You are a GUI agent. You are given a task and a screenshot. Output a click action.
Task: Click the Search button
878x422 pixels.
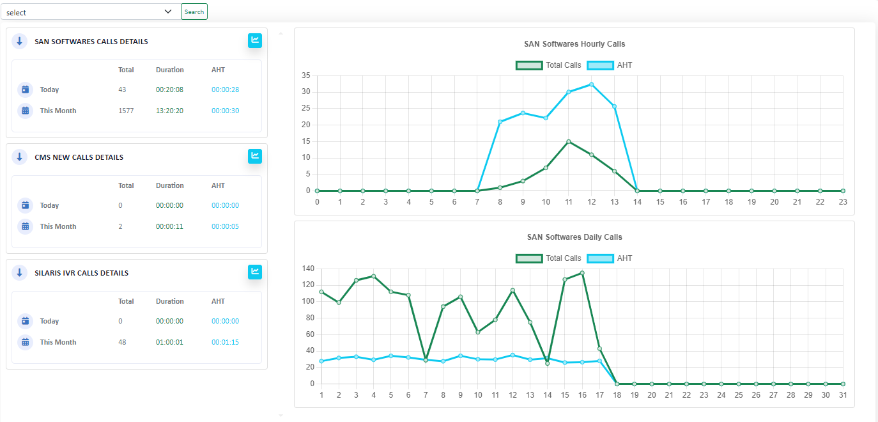click(x=194, y=12)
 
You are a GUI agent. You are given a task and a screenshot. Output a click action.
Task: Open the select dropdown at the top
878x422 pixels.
click(x=89, y=12)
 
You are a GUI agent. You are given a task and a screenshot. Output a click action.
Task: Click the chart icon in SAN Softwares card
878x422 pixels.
click(x=255, y=40)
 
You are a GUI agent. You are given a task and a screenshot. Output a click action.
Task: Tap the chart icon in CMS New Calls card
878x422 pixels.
click(x=255, y=156)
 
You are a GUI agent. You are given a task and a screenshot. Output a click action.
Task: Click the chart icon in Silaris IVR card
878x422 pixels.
click(x=255, y=272)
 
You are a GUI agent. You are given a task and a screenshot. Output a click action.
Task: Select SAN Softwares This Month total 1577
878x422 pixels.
click(x=126, y=111)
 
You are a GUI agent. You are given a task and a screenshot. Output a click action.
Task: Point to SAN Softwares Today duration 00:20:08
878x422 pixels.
click(x=169, y=90)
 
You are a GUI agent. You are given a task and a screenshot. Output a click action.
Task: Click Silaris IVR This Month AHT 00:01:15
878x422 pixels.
click(x=225, y=342)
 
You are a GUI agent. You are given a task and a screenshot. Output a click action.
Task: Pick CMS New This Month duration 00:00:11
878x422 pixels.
click(x=169, y=226)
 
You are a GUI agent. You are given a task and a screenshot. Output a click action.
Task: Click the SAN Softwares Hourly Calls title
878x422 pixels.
click(x=574, y=44)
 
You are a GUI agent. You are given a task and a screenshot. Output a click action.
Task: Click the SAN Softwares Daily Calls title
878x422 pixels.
click(x=574, y=237)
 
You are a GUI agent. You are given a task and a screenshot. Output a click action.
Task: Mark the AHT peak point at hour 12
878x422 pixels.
click(x=591, y=84)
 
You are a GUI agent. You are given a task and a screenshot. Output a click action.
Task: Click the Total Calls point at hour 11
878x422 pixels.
click(x=568, y=142)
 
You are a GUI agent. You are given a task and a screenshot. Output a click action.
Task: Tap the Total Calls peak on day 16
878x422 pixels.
click(x=581, y=273)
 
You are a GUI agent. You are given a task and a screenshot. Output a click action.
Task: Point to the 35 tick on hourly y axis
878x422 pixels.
click(x=305, y=75)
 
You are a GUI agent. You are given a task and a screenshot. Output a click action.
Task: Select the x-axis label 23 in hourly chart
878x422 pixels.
click(x=843, y=201)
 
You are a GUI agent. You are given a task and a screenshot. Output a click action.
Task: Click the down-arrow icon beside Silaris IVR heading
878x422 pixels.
click(x=19, y=272)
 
